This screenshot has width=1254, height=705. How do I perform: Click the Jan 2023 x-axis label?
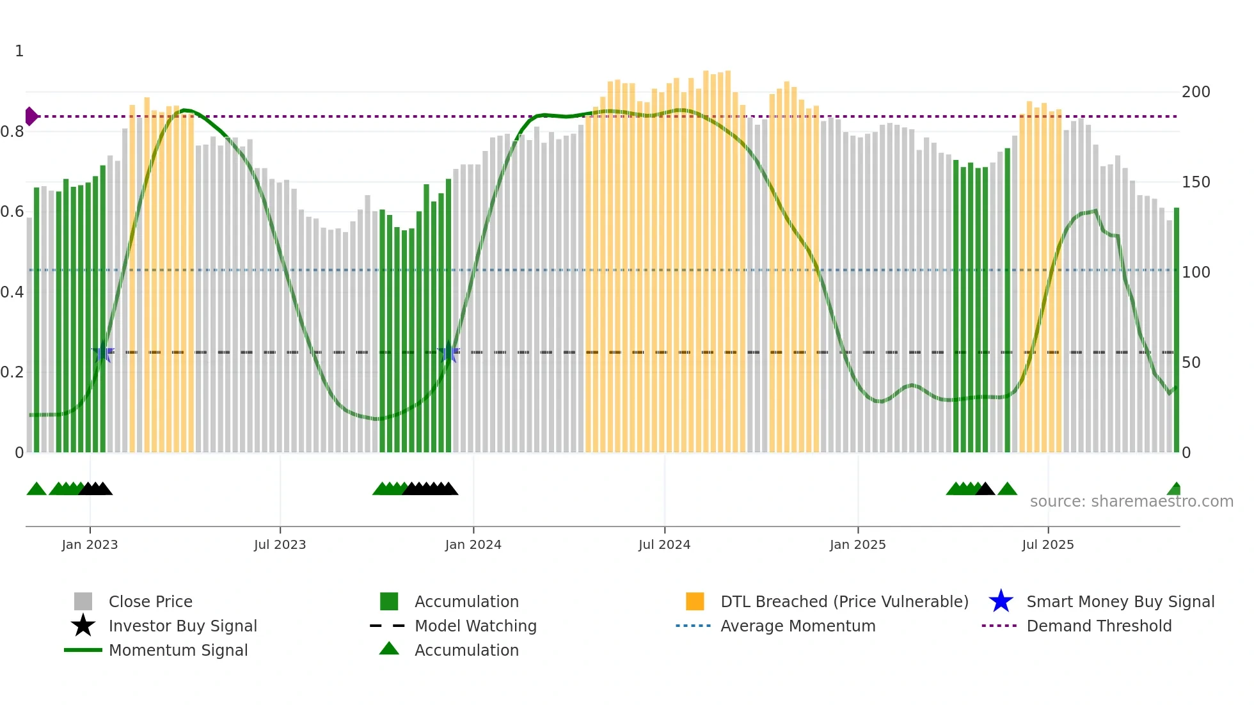pyautogui.click(x=90, y=544)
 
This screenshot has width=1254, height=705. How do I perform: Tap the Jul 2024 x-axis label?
pyautogui.click(x=664, y=544)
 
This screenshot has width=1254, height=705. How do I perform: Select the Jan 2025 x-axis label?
pyautogui.click(x=857, y=544)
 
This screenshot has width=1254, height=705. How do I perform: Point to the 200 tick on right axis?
pyautogui.click(x=1195, y=92)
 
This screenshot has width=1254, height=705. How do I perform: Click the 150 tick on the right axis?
pyautogui.click(x=1195, y=182)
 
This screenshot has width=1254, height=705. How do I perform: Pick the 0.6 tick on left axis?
pyautogui.click(x=12, y=212)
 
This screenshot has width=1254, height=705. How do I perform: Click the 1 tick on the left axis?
pyautogui.click(x=19, y=51)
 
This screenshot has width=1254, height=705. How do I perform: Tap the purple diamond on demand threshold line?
pyautogui.click(x=31, y=116)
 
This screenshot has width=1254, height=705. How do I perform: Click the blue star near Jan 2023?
pyautogui.click(x=102, y=352)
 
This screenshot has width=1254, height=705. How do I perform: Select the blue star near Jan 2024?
pyautogui.click(x=448, y=352)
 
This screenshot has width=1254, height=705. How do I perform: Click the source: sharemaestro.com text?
pyautogui.click(x=1131, y=502)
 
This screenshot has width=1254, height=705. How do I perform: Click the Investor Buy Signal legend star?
pyautogui.click(x=83, y=626)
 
